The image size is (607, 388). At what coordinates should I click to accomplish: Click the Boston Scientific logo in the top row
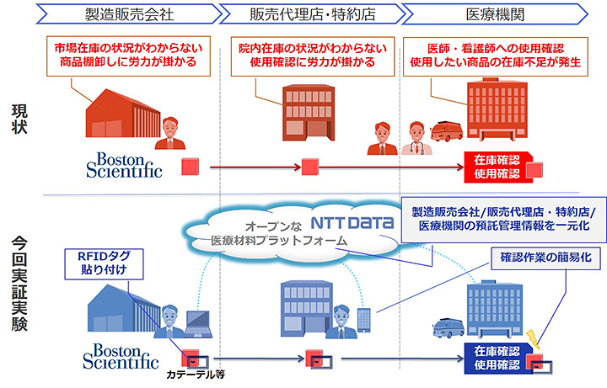(x=123, y=164)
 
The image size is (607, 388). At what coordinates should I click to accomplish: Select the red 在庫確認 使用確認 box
(x=497, y=167)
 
